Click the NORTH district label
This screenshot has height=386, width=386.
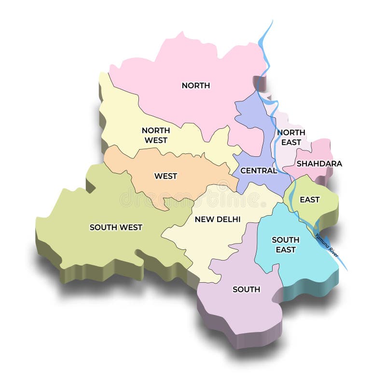pos(195,85)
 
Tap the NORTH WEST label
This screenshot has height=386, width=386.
pos(155,135)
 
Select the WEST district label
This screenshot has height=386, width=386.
pos(165,176)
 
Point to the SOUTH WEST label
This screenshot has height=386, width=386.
pos(116,227)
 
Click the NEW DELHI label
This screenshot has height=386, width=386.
pos(218,219)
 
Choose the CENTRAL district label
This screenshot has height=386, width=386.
pos(259,170)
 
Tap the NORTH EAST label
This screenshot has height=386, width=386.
pos(290,137)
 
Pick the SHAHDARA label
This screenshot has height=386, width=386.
pos(319,164)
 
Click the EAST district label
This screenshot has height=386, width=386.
pos(309,199)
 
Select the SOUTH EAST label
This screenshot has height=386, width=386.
pos(286,245)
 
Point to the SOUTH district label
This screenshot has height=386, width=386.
pos(246,289)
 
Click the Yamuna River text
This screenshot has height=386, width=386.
pos(327,245)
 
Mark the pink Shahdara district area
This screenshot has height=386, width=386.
pos(321,150)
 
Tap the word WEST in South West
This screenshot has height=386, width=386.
pos(131,227)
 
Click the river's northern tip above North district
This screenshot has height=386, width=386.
pos(271,22)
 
